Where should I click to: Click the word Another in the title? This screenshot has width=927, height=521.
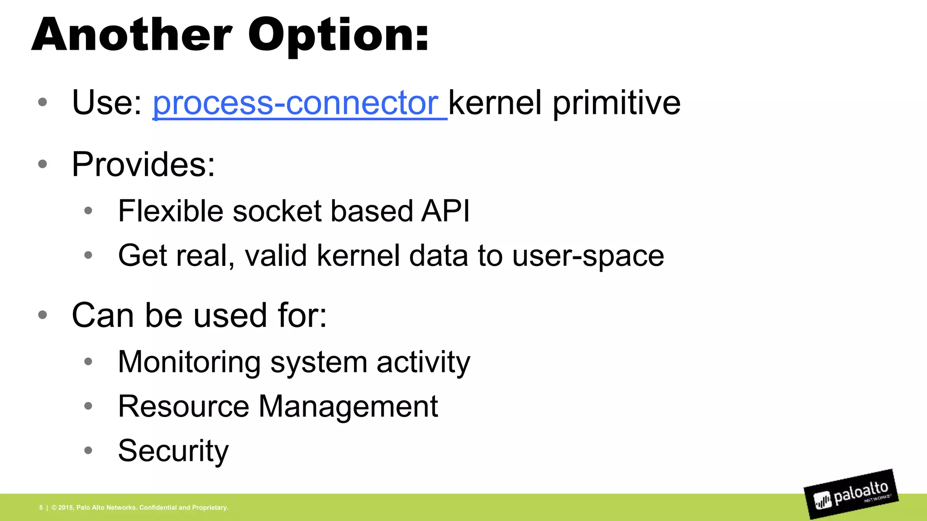point(132,35)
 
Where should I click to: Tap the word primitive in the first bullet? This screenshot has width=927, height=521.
point(616,103)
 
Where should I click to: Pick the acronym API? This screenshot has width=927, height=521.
point(445,211)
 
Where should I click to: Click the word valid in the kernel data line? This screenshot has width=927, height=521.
point(276,256)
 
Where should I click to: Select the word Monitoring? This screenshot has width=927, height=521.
point(189,362)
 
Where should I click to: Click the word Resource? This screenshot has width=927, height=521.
point(183,406)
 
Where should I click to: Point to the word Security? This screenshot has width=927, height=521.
point(173,451)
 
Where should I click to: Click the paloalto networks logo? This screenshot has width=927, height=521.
point(851,495)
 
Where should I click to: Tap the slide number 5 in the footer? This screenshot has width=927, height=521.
point(41,507)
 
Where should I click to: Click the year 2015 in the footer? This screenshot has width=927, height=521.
point(66,507)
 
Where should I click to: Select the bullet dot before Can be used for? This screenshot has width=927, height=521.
point(43,315)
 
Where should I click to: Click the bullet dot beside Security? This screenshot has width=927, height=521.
point(88,450)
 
